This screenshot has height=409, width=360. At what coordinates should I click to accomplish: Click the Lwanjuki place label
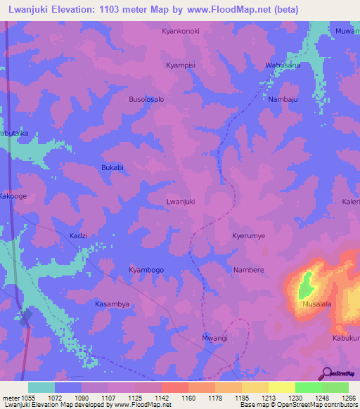click(x=180, y=201)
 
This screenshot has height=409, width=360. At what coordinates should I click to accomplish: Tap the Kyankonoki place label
click(x=181, y=32)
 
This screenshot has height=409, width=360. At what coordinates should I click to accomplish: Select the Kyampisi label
click(x=180, y=65)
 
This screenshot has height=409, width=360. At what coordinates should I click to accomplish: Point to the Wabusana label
click(x=283, y=65)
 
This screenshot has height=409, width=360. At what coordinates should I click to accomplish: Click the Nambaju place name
click(x=283, y=100)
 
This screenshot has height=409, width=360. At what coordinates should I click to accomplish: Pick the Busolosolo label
click(x=146, y=100)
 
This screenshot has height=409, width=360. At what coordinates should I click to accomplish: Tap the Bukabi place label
click(x=112, y=167)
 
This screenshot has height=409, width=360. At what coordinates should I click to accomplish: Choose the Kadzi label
click(x=78, y=235)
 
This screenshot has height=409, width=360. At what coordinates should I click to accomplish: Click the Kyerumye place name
click(x=249, y=236)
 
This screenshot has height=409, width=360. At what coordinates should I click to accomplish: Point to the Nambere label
click(x=248, y=270)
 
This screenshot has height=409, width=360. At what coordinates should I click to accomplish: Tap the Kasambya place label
click(x=112, y=304)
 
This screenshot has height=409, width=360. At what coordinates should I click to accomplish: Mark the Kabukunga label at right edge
click(x=346, y=338)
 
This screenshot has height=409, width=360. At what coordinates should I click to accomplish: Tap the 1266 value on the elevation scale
click(x=347, y=398)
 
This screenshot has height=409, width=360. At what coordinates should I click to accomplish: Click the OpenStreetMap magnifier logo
click(x=327, y=372)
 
